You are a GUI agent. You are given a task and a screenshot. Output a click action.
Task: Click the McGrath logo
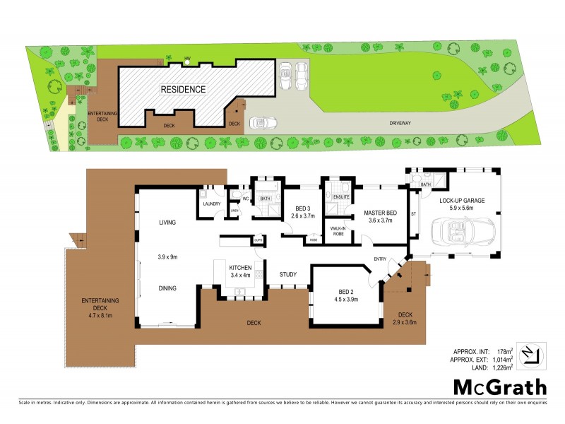[x=499, y=387]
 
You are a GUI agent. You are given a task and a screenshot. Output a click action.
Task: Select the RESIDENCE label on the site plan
[x=183, y=90]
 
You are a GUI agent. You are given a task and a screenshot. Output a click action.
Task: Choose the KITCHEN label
[x=242, y=268]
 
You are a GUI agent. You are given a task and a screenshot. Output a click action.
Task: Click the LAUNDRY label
[x=211, y=204]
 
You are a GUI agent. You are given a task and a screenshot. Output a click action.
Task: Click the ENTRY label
[x=381, y=259]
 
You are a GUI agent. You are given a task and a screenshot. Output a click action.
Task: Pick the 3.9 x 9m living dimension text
[x=167, y=257]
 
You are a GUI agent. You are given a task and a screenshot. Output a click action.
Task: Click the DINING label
[x=167, y=288]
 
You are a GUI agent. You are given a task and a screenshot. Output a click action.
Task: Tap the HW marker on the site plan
[x=187, y=57]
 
